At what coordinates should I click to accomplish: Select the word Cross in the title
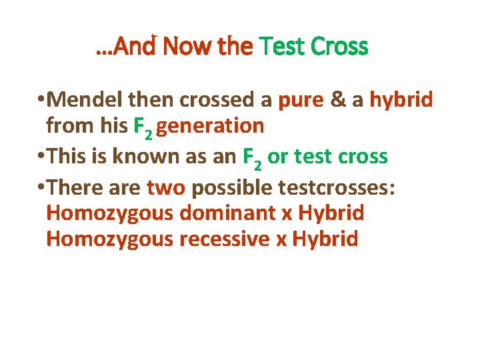(x=339, y=47)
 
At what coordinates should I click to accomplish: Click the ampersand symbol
(x=339, y=100)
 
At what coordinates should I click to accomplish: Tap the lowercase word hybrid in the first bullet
(x=401, y=100)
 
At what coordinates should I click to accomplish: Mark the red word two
(x=166, y=188)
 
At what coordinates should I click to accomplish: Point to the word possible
(x=231, y=189)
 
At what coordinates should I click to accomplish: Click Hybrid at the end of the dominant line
(x=331, y=213)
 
